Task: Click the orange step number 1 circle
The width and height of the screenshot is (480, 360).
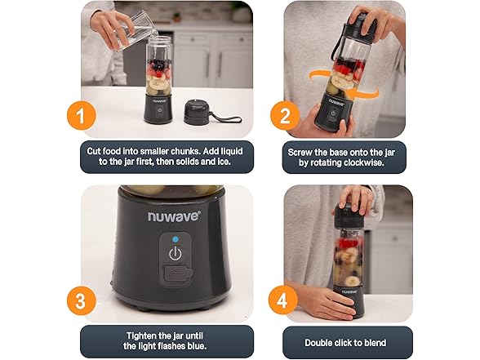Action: (81, 117)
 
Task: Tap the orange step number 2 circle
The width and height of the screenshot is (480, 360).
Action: (285, 117)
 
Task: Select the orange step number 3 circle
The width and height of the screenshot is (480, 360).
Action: (81, 300)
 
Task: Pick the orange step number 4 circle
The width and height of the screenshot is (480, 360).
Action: (282, 300)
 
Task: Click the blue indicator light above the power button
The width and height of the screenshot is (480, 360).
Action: (176, 239)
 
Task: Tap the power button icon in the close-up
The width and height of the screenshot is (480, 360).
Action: (176, 254)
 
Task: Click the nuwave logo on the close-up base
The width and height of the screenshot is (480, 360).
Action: (175, 216)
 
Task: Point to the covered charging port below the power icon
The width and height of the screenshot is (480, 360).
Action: (178, 273)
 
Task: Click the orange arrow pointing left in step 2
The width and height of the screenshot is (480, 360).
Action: (364, 91)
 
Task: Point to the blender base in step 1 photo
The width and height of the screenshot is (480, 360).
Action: (158, 108)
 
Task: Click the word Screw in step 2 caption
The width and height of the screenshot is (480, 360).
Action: (300, 152)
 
